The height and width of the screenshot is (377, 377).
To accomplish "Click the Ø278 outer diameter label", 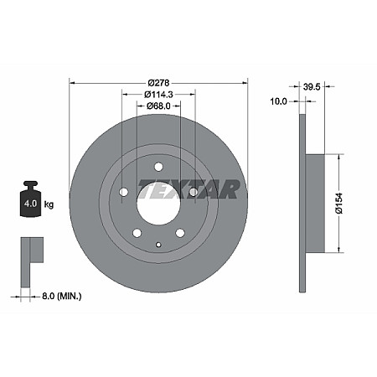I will click(158, 83).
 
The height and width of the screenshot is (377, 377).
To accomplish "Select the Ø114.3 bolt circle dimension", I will click(158, 95).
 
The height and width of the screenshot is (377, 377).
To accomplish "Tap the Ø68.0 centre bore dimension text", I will click(158, 106).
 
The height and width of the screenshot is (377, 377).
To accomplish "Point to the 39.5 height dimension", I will click(312, 85).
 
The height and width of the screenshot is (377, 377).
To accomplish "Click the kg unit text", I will click(49, 204).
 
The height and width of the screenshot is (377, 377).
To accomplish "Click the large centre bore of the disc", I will click(158, 204).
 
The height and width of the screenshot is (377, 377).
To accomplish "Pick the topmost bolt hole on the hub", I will click(158, 167).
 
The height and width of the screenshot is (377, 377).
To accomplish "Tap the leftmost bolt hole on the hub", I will click(124, 193).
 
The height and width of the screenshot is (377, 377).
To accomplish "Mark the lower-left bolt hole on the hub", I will click(137, 232).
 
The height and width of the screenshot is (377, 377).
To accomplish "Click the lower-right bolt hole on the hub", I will click(179, 232).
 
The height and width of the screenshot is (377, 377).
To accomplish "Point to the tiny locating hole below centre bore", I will click(158, 244).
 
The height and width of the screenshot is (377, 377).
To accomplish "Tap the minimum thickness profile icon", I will click(31, 251).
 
